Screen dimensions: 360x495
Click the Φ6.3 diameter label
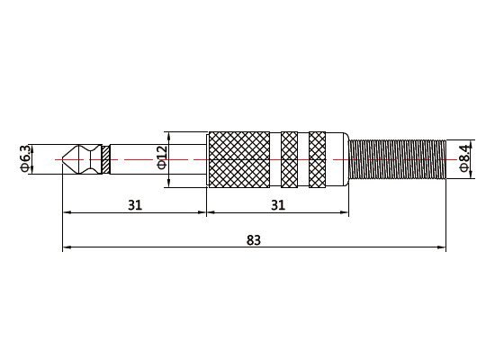[x=25, y=159]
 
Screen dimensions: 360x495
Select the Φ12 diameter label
[x=162, y=160]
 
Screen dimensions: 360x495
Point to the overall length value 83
[x=253, y=239]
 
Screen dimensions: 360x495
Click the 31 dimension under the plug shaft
[x=134, y=205]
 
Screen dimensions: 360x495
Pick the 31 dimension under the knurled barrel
[x=277, y=205]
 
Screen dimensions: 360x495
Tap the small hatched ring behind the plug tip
[x=106, y=159]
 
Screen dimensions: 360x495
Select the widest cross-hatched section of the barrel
[x=239, y=159]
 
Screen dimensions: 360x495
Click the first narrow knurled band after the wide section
[x=289, y=159]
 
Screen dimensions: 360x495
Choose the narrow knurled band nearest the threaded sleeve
[x=318, y=159]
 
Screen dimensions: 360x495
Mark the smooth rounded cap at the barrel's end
[x=338, y=159]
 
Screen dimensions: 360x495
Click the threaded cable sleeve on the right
[x=397, y=159]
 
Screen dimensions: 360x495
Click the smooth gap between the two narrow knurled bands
[x=303, y=159]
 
